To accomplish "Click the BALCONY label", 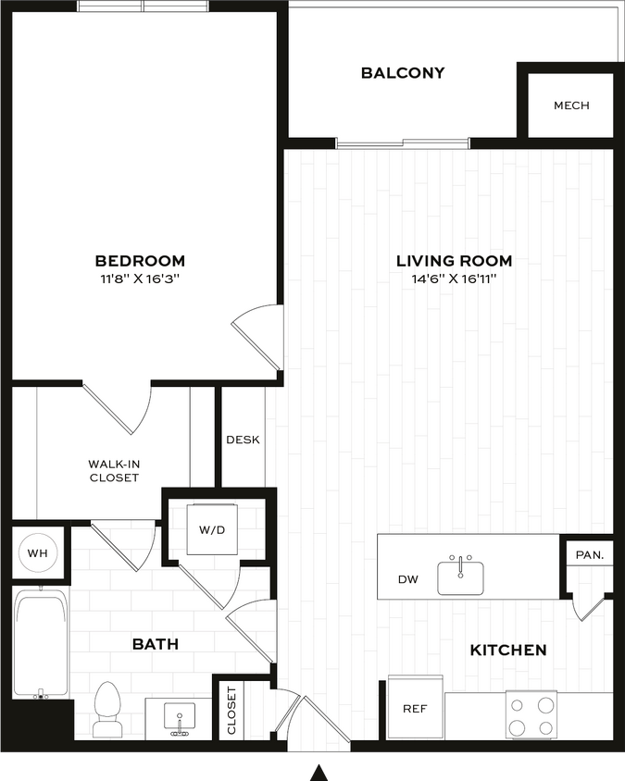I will coord(403,73).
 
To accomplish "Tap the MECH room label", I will coord(571,105).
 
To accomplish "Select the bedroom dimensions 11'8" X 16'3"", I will coord(140,279).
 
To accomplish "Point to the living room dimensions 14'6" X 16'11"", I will coord(454,279).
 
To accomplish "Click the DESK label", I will coord(243,440).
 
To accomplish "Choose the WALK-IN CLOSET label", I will coord(114,471).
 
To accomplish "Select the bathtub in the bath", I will coord(42,644).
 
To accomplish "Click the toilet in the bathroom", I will coord(108,710).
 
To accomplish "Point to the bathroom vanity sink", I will coord(180,717).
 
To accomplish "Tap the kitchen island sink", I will coord(461,576).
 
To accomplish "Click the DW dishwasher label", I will coord(408,580).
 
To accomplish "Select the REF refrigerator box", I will coord(414,708).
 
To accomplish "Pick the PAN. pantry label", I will coord(589,555).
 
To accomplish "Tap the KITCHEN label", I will coord(508,651).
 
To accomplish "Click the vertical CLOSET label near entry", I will coord(231,710).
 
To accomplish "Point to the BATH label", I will coord(155,644).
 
